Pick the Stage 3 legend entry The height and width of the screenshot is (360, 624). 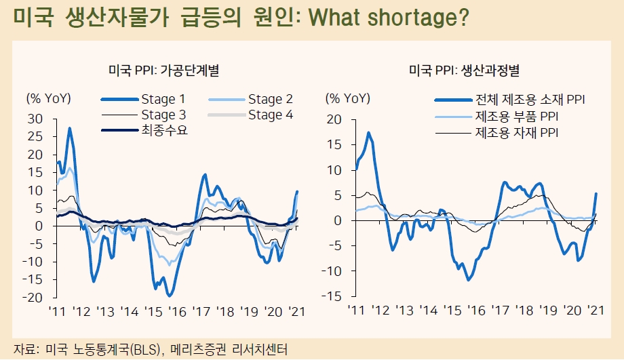click(x=163, y=115)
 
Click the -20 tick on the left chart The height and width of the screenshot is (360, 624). click(x=34, y=298)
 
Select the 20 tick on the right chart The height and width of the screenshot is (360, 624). click(x=333, y=119)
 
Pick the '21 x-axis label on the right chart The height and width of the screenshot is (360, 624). click(x=595, y=310)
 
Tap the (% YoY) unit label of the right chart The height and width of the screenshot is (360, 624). click(x=348, y=98)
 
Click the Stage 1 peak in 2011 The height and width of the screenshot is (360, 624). click(x=69, y=128)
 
